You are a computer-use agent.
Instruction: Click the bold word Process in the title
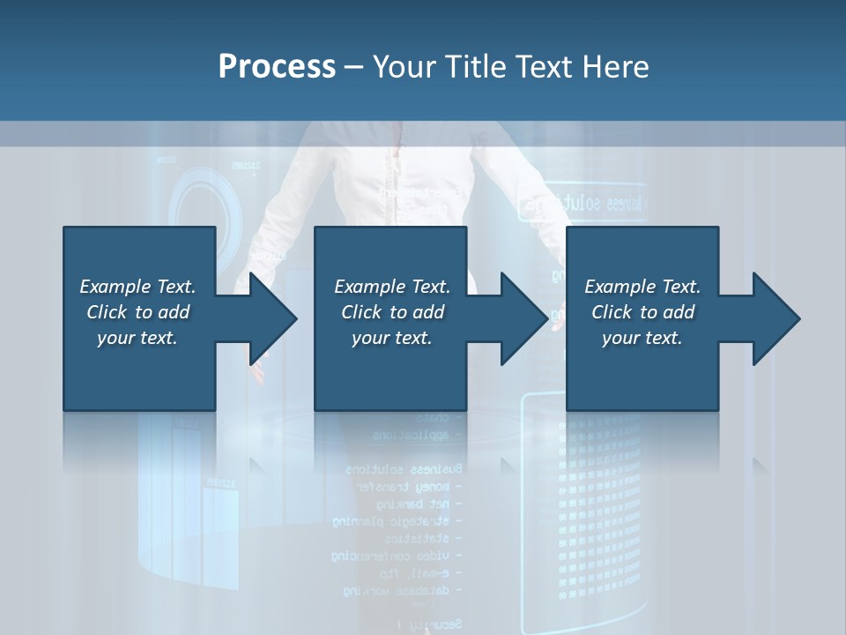[x=277, y=67]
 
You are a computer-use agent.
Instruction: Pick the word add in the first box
[x=174, y=312]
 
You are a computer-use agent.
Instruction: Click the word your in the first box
[x=115, y=338]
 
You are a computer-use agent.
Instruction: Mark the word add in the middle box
[x=429, y=312]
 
